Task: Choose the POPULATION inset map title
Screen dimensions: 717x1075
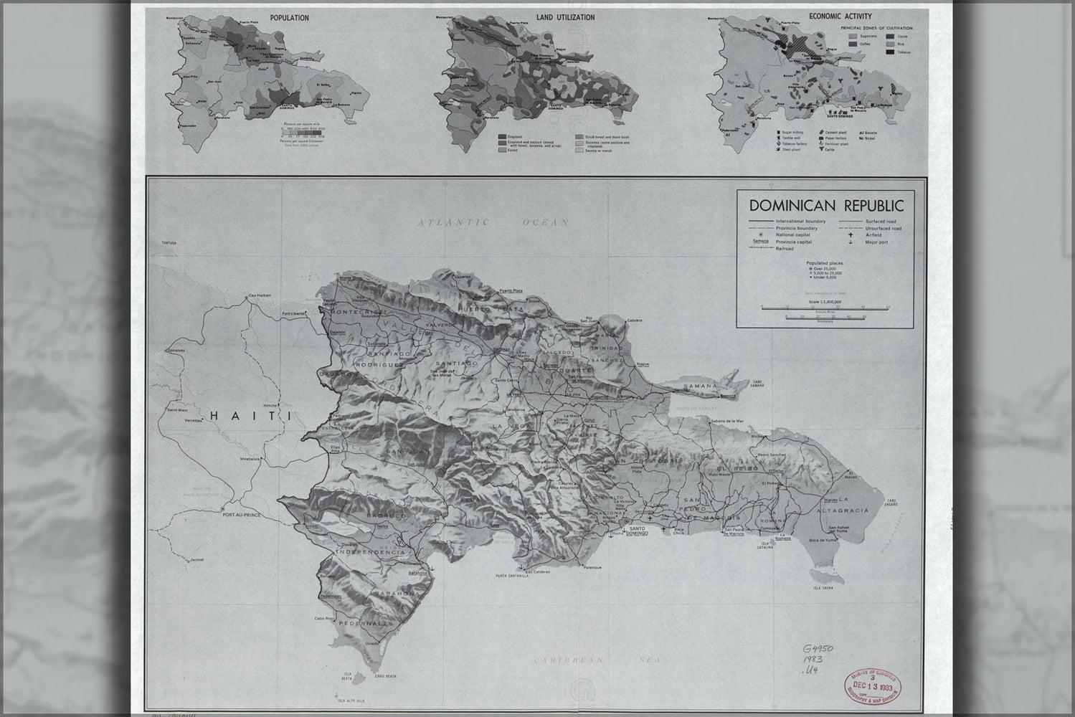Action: tap(290, 18)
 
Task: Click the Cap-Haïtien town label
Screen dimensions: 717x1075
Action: tap(262, 296)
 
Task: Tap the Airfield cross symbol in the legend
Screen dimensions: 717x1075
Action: tap(851, 234)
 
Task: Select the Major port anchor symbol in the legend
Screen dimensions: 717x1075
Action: tap(851, 242)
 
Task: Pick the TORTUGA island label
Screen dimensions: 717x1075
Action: tap(169, 244)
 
